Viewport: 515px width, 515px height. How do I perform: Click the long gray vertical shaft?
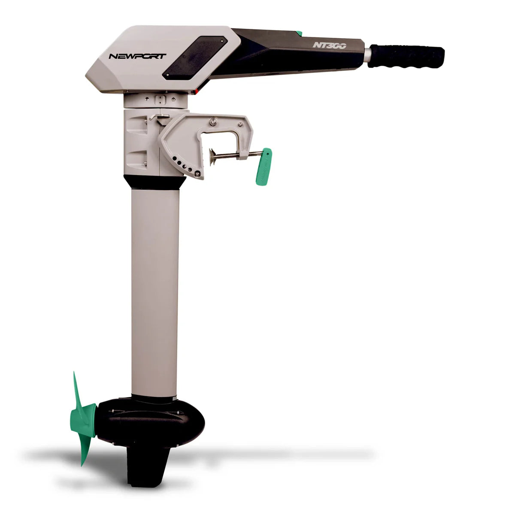click(x=154, y=292)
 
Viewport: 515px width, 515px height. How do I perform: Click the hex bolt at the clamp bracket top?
click(x=212, y=122)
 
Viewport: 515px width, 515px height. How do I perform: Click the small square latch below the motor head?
click(x=160, y=100)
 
